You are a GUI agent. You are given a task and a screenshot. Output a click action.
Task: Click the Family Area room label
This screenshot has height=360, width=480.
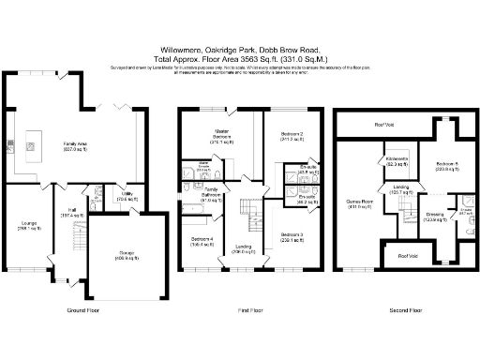pyautogui.click(x=75, y=145)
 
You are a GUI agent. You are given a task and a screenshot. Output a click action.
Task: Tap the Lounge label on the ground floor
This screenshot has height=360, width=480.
pyautogui.click(x=28, y=225)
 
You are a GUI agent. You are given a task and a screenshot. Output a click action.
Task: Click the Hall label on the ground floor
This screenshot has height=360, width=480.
pyautogui.click(x=71, y=212)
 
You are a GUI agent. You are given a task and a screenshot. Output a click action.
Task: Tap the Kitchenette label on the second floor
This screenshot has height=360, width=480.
pyautogui.click(x=397, y=161)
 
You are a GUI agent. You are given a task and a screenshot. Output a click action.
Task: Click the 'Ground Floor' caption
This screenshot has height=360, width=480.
pyautogui.click(x=84, y=310)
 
